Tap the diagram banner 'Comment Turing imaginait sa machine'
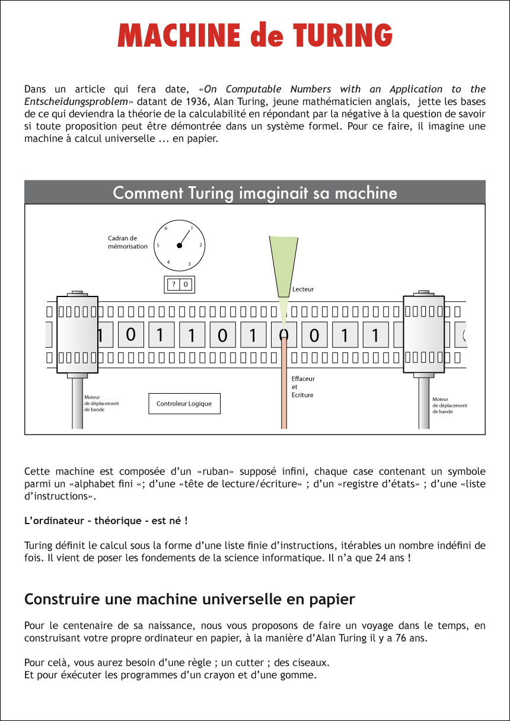click(255, 193)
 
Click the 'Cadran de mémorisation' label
click(128, 242)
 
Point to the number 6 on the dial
click(166, 228)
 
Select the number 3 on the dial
click(189, 263)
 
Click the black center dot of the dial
click(179, 245)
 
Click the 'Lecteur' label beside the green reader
click(303, 289)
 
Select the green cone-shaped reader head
click(283, 267)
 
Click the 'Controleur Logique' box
click(184, 404)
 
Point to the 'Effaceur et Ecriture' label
click(303, 387)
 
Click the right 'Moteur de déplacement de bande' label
click(450, 405)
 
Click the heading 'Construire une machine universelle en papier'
click(189, 599)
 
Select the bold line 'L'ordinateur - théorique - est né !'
click(106, 521)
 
